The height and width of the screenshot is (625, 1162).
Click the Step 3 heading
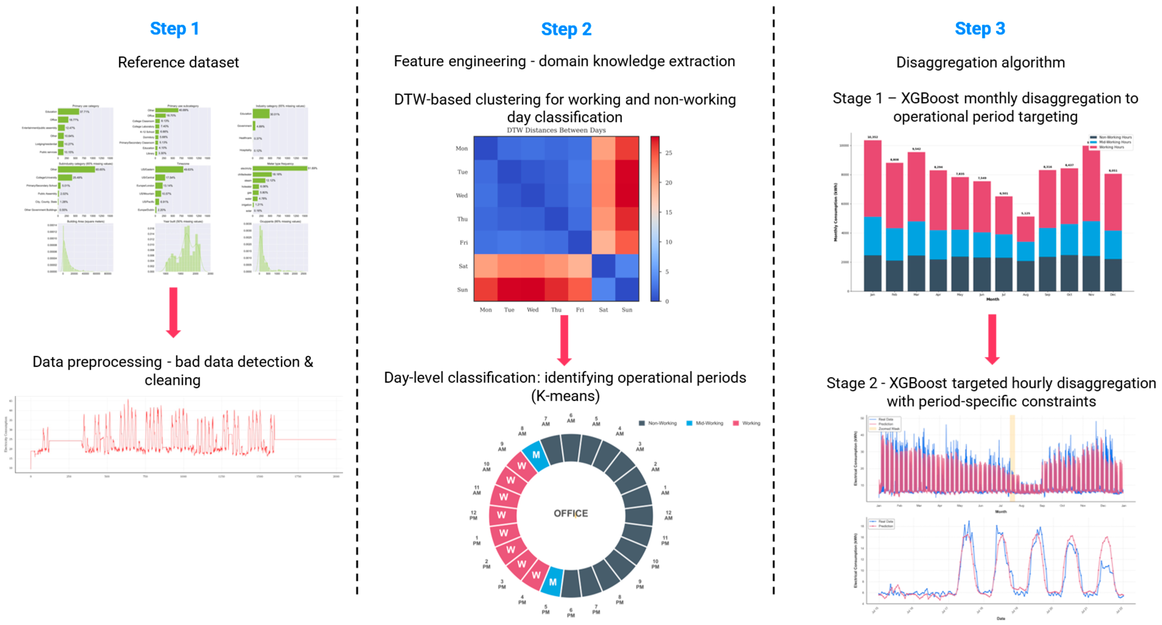point(979,29)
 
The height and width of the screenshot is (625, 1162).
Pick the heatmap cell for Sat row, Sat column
point(603,266)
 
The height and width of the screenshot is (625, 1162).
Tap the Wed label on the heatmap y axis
point(462,195)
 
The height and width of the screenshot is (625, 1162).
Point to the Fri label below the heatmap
point(580,309)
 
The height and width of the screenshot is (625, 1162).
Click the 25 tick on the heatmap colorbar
point(668,153)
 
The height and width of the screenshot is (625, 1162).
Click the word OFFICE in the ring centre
point(571,514)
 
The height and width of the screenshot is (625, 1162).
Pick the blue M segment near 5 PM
point(553,582)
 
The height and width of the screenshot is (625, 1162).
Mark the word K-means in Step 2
point(565,396)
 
